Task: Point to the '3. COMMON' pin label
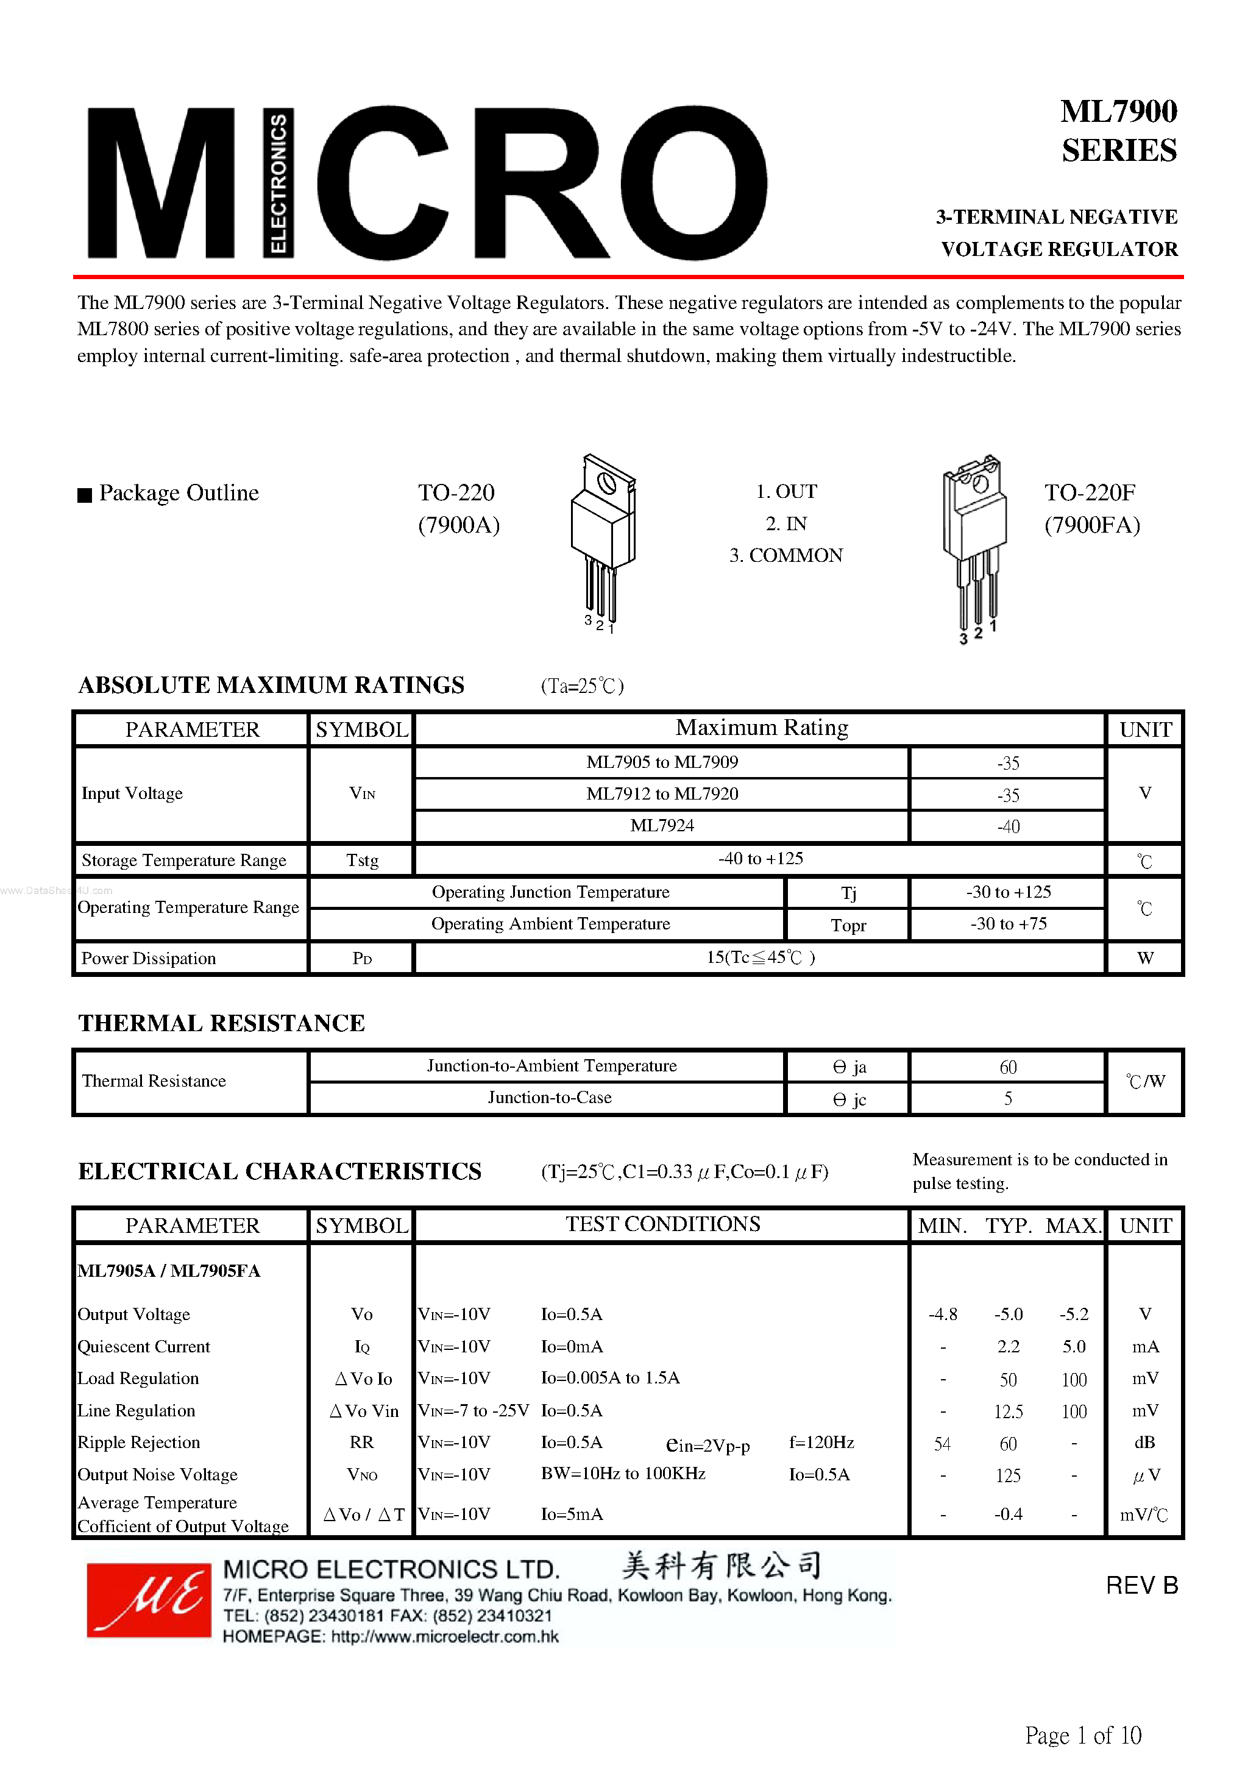786,556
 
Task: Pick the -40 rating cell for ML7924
1007,826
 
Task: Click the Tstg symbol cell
362,860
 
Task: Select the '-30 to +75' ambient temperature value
1007,923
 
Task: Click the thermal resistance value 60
1007,1067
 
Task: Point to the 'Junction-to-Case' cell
550,1098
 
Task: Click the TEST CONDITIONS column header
662,1224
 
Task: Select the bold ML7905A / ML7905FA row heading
169,1271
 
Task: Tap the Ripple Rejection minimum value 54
942,1444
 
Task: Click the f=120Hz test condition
821,1442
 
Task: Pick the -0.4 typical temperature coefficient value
1007,1514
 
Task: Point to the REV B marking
1141,1585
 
